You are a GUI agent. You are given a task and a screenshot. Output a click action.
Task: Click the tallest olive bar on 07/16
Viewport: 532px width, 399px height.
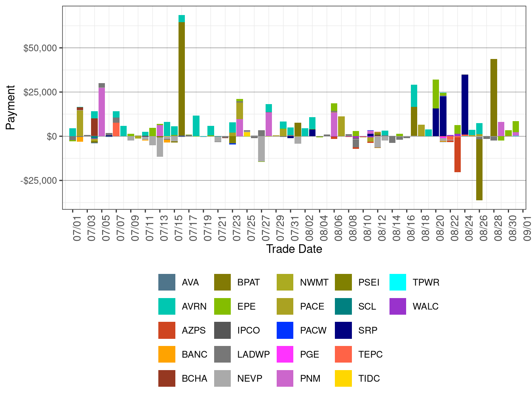182,79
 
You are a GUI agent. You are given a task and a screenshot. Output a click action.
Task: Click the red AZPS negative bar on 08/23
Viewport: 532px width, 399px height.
458,154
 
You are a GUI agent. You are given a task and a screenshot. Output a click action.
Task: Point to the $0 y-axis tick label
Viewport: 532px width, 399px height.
51,137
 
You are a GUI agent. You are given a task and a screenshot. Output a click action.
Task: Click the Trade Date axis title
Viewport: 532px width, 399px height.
294,249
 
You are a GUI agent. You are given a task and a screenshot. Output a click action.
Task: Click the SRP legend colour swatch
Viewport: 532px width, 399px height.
343,331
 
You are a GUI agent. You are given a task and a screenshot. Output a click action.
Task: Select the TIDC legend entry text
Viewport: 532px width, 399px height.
369,378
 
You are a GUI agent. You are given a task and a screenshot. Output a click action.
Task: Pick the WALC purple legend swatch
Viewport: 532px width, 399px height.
398,306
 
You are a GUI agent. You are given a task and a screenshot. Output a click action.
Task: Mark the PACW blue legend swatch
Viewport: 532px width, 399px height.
285,331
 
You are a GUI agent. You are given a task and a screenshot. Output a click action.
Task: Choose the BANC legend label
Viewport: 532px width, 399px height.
194,354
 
